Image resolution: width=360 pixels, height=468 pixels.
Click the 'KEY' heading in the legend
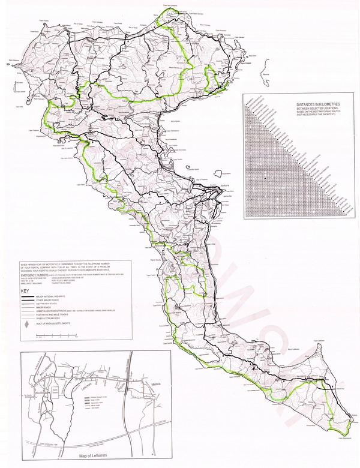tap(25, 292)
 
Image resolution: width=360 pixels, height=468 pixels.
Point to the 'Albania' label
tap(263, 76)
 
